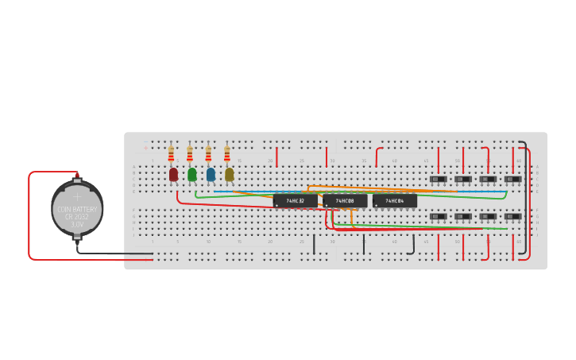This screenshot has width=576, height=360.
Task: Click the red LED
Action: coord(174,174)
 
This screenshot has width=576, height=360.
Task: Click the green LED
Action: coord(192,174)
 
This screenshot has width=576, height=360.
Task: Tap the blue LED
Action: coord(211,174)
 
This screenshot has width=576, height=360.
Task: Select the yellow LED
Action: coord(229,174)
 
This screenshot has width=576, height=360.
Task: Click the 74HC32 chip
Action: coord(295,201)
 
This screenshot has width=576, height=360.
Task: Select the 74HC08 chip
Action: coord(345,201)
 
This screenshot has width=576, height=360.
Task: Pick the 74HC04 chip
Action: coord(395,201)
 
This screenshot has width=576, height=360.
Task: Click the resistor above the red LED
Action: coord(171,153)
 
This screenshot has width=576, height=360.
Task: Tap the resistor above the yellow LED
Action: coord(226,153)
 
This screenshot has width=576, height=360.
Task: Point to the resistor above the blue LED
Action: coord(208,153)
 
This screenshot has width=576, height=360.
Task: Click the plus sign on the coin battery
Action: coord(77,194)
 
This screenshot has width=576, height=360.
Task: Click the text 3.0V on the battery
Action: coord(77,225)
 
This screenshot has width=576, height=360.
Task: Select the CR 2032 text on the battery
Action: coord(77,217)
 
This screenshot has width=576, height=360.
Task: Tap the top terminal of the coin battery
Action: coord(77,176)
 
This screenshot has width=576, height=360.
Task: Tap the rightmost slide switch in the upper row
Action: coord(512,180)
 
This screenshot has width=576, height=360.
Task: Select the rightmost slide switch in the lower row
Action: coord(512,216)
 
